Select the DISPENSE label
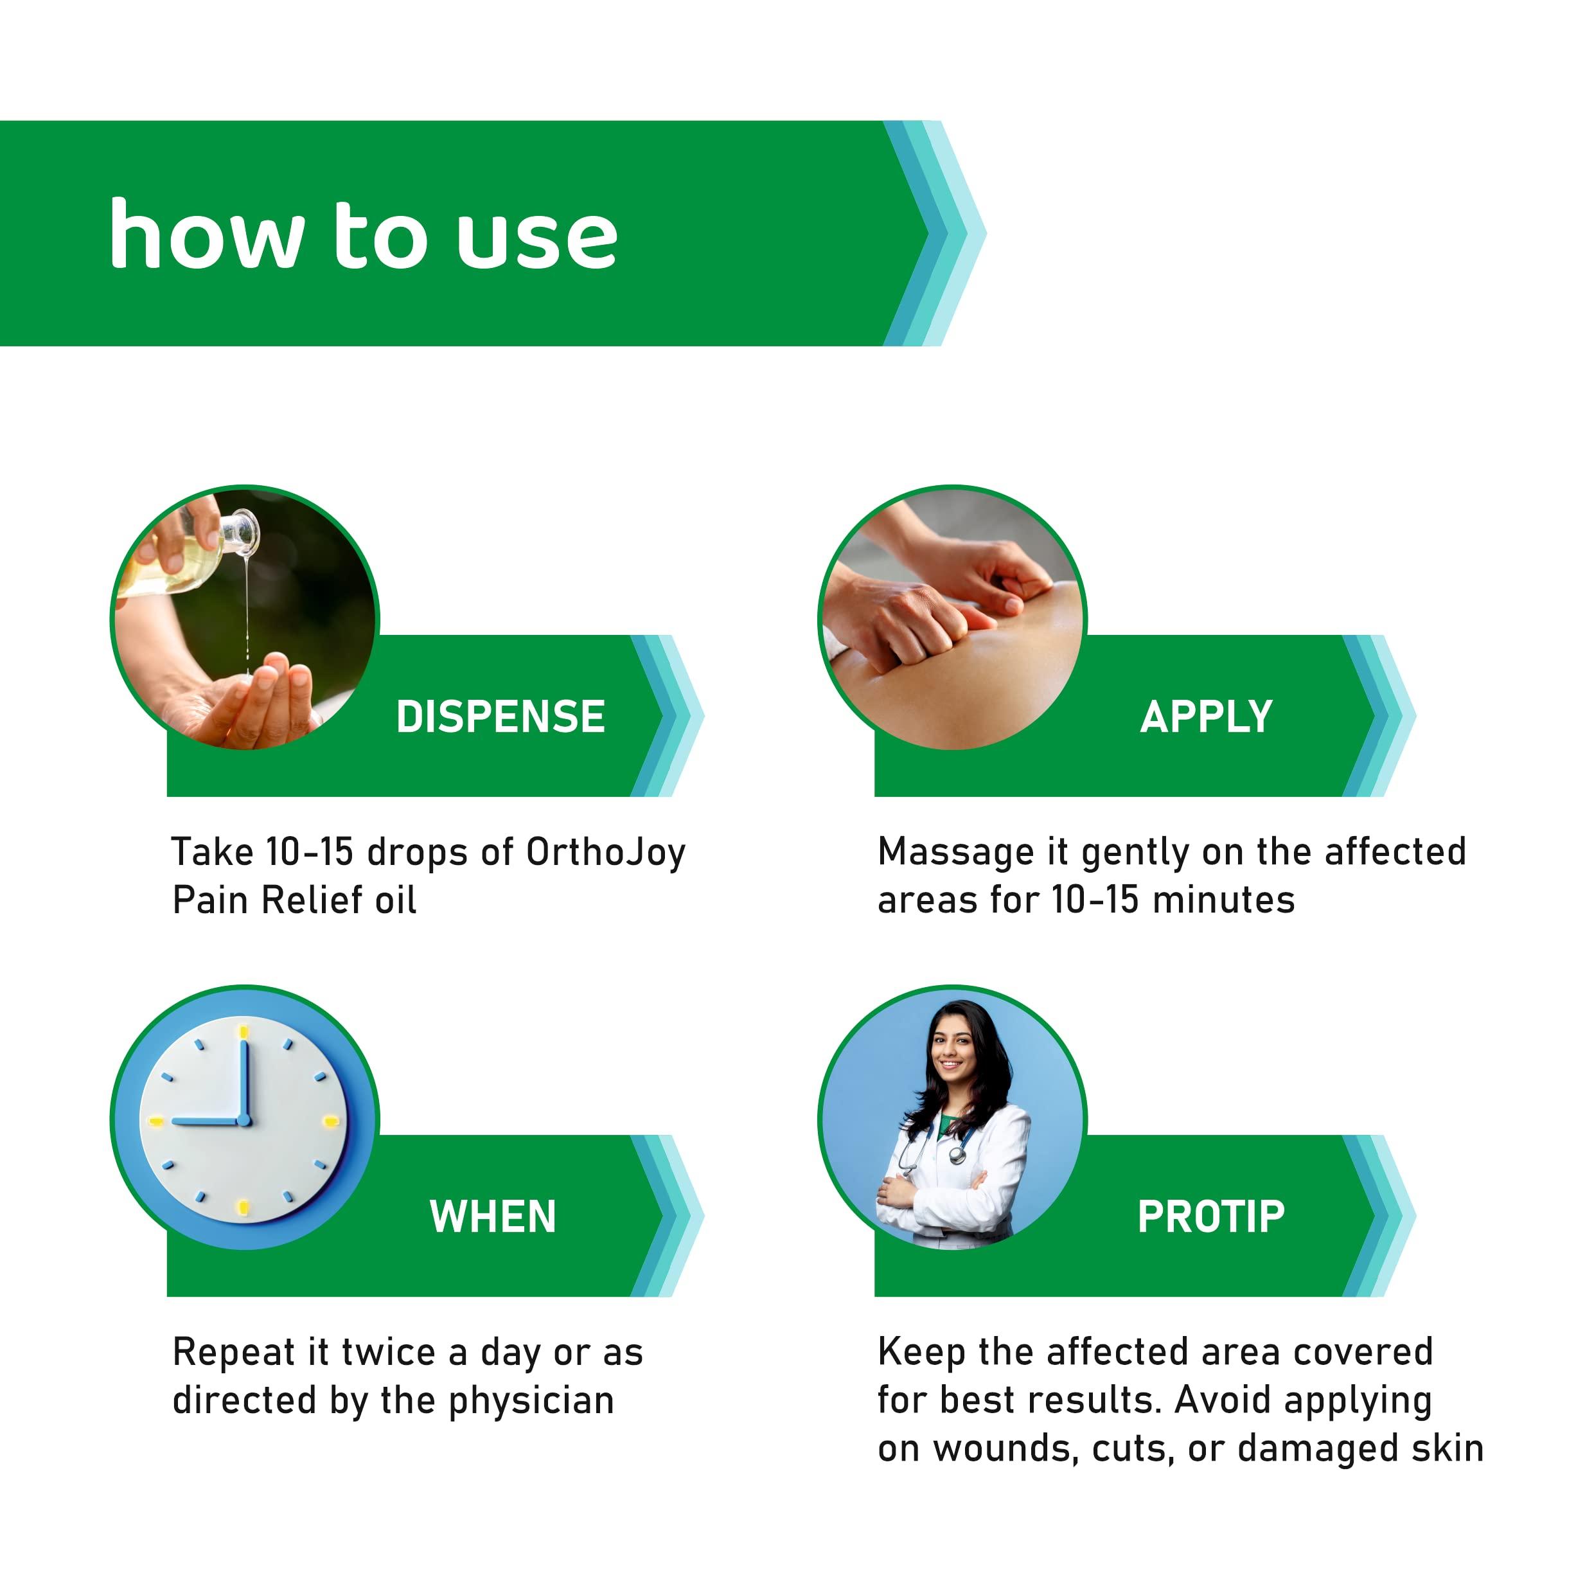tap(500, 717)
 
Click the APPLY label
tap(1206, 717)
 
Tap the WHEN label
tap(493, 1217)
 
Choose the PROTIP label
tap(1211, 1217)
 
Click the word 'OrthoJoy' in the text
tap(605, 853)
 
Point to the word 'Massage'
tap(955, 852)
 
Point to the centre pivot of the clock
tap(244, 1120)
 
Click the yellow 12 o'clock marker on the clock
tap(243, 1032)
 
